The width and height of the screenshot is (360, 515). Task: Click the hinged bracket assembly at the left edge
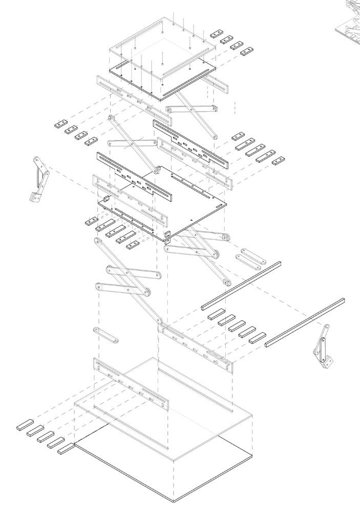click(x=40, y=179)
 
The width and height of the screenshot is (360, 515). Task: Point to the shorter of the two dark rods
click(x=241, y=285)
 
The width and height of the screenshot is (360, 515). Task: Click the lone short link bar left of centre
click(x=106, y=335)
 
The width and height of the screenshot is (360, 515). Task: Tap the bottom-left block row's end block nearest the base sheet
click(x=66, y=449)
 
